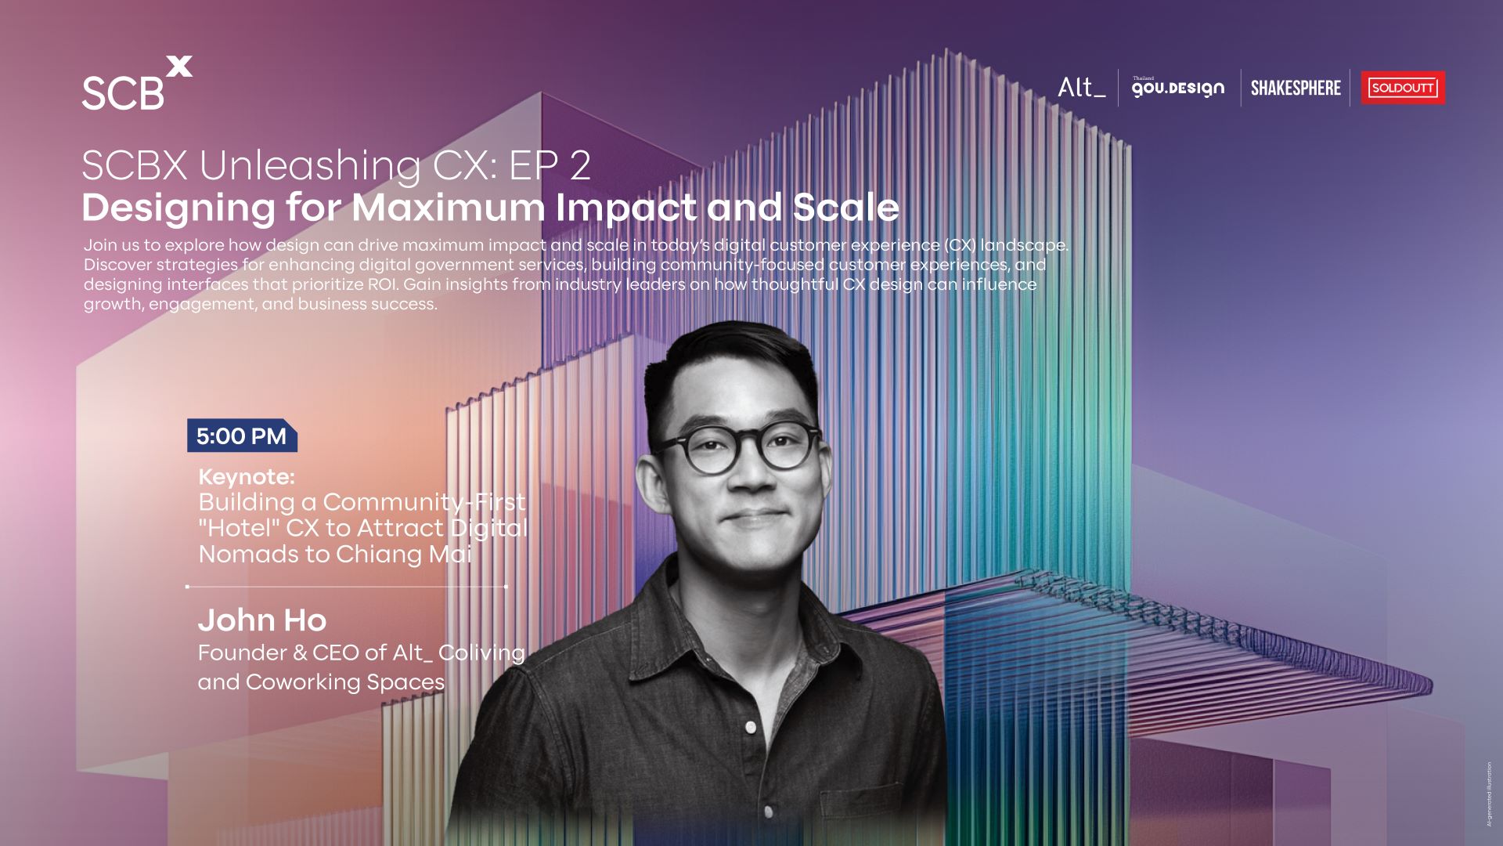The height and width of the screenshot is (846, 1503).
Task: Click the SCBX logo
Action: pos(137,83)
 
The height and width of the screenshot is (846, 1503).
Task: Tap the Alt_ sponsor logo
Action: pos(1081,87)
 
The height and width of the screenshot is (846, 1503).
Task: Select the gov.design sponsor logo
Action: pos(1178,87)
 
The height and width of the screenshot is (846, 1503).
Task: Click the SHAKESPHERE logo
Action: pos(1296,88)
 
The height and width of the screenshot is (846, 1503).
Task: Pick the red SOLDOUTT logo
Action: pos(1403,88)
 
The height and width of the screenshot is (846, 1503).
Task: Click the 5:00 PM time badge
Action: pos(242,436)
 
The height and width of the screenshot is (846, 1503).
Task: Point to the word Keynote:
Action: pos(247,476)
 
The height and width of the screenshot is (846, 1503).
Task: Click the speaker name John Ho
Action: pos(262,620)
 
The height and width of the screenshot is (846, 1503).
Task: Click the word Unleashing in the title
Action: pos(310,166)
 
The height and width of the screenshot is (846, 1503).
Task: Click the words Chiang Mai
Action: pos(404,555)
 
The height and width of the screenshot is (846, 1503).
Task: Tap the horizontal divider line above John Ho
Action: pos(347,586)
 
